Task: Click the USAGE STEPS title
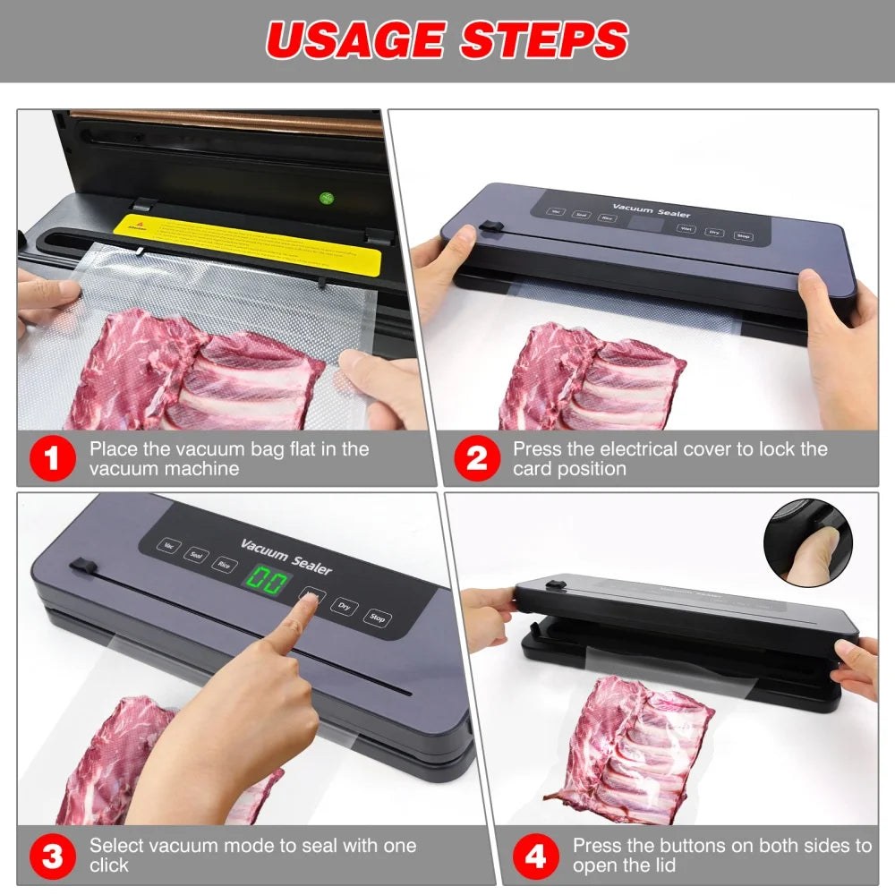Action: pos(447,40)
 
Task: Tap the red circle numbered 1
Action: pos(52,459)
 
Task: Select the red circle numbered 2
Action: pos(476,459)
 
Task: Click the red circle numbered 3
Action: pos(52,857)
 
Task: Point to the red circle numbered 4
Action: pos(534,857)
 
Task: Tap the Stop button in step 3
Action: pos(377,618)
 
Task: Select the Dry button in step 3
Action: pos(344,606)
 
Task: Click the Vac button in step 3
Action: pos(167,544)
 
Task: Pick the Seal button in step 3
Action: pos(194,555)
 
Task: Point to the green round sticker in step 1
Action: pos(327,199)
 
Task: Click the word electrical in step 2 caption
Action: pos(644,449)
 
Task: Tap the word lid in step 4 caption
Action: pos(664,865)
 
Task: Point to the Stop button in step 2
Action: pos(743,235)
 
